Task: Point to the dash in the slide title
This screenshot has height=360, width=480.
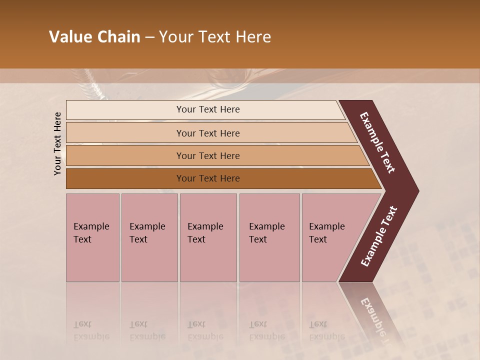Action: coord(149,37)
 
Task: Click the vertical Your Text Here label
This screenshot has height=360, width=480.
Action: coord(57,143)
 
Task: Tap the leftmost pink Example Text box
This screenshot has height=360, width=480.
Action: coord(92,237)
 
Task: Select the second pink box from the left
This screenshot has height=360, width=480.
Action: coord(149,237)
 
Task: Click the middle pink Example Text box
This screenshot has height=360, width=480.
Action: coord(208,237)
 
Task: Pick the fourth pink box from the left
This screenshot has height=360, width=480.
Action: coord(269,237)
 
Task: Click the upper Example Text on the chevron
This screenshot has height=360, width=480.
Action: coord(377,142)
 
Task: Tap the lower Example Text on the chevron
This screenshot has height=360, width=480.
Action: coord(379,236)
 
